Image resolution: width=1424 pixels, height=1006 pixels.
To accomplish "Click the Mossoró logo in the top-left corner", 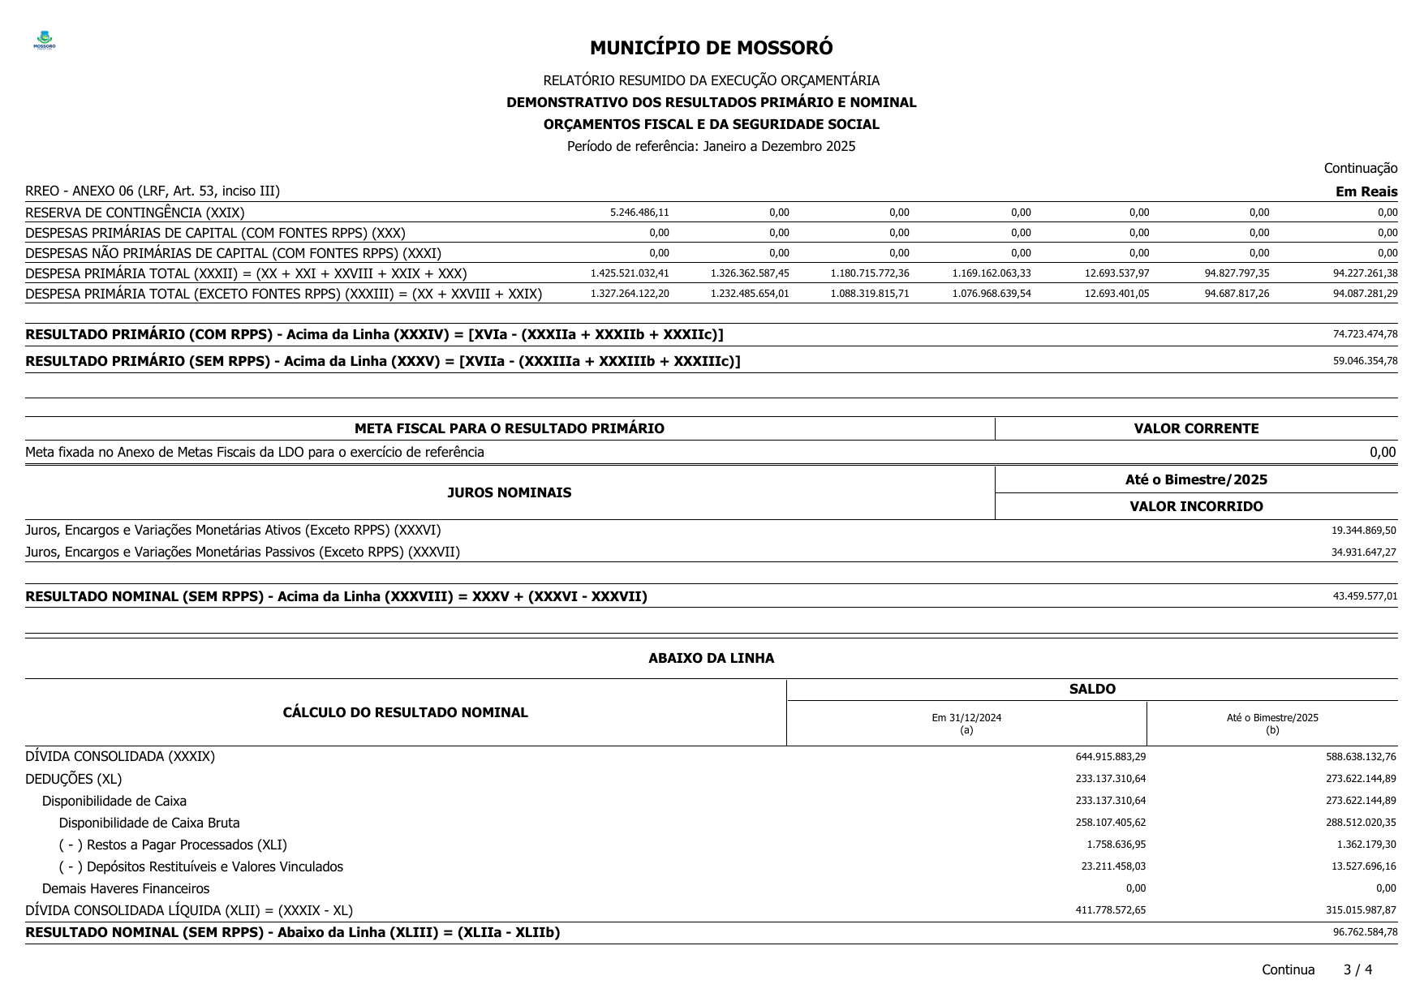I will click(x=45, y=41).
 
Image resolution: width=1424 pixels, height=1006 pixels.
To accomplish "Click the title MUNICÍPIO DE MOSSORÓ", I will click(x=711, y=48).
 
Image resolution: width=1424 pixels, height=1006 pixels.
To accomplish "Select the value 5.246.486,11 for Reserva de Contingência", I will click(x=639, y=213).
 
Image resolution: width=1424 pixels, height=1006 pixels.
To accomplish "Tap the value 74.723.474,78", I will click(x=1365, y=334).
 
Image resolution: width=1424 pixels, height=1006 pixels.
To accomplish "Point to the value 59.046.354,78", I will click(x=1365, y=361).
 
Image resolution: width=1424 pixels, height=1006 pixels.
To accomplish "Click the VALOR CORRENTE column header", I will click(x=1196, y=428).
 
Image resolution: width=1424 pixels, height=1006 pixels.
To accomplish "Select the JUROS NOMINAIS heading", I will click(x=509, y=492).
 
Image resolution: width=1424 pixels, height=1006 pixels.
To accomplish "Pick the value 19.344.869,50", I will click(x=1363, y=531).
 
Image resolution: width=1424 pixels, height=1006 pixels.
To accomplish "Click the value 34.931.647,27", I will click(x=1363, y=552).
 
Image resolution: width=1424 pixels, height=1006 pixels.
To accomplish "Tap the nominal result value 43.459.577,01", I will click(x=1365, y=596).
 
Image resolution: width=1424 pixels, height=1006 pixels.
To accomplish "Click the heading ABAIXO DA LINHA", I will click(x=711, y=658).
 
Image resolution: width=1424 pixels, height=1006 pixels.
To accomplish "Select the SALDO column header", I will click(x=1092, y=689).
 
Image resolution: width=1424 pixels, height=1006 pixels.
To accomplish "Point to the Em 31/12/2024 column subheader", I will click(x=966, y=718).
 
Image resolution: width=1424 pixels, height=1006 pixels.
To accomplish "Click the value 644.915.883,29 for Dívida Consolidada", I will click(x=1110, y=757).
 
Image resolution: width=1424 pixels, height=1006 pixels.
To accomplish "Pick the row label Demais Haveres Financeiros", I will click(x=126, y=888).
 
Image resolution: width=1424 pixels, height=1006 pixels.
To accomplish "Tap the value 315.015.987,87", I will click(x=1361, y=910).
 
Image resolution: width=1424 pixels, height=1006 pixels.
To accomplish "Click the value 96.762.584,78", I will click(x=1365, y=932).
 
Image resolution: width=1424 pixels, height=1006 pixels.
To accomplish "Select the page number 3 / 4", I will click(x=1357, y=969).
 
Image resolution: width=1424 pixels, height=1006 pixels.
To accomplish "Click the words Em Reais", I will click(x=1366, y=191).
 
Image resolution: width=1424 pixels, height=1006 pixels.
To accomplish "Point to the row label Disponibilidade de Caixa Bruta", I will click(x=149, y=823).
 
